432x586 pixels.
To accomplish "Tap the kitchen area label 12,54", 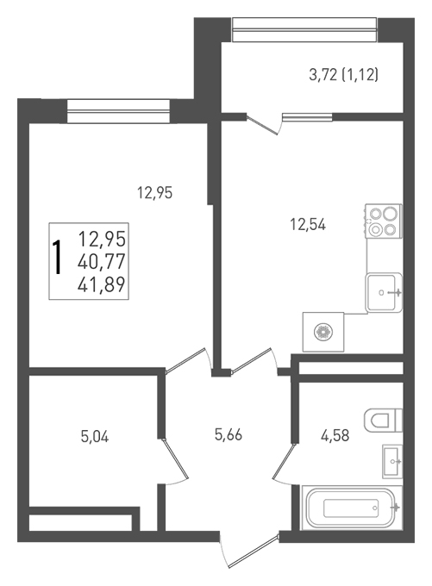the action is tap(308, 225).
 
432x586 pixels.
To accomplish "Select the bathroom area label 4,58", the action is tap(335, 435).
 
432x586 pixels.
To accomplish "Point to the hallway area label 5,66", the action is tap(229, 434).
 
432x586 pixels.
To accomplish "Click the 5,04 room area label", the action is tap(95, 437).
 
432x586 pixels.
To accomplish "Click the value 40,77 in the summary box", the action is tap(102, 262).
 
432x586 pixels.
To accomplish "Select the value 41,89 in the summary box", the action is tap(102, 284).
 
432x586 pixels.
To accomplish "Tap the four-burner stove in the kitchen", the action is tap(384, 221).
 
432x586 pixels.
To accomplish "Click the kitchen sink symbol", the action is tap(384, 293).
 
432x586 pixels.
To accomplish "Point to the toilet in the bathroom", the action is tap(383, 420).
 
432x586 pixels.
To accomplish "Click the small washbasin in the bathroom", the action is tap(392, 462).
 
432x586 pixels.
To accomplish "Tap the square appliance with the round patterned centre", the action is tap(323, 332).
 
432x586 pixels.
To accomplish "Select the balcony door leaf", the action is tap(262, 125).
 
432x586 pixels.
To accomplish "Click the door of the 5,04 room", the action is tap(174, 459).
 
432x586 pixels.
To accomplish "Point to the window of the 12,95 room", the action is tap(118, 111).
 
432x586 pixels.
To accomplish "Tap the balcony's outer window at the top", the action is tap(304, 29).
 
